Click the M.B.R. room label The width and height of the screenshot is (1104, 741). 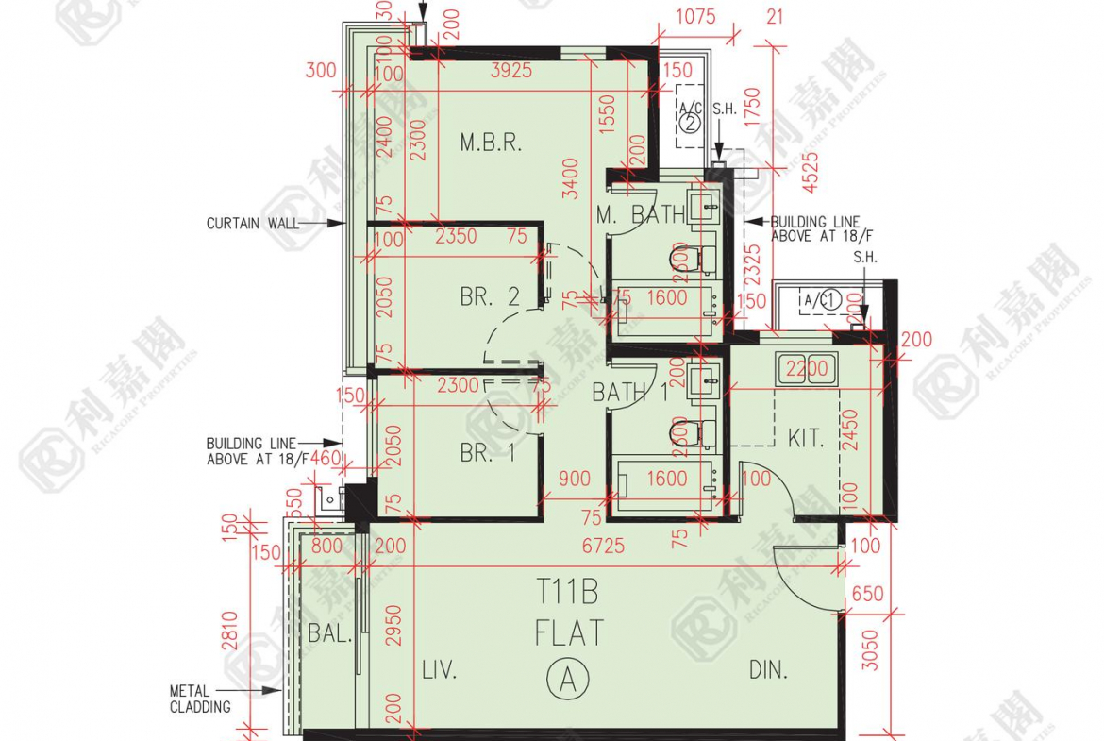tap(491, 143)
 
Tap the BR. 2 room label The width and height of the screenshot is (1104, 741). tap(490, 296)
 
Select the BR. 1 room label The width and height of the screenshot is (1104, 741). tap(488, 453)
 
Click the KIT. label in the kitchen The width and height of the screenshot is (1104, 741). tap(806, 438)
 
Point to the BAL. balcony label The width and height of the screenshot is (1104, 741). tap(329, 633)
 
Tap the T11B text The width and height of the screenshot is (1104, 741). tap(568, 593)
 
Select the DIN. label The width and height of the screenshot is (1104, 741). tap(769, 670)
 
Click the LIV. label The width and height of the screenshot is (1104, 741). tap(440, 670)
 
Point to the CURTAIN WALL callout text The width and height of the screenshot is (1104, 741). tap(252, 224)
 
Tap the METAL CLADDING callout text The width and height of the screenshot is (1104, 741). tap(199, 699)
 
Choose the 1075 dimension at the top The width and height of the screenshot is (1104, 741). tap(696, 16)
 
